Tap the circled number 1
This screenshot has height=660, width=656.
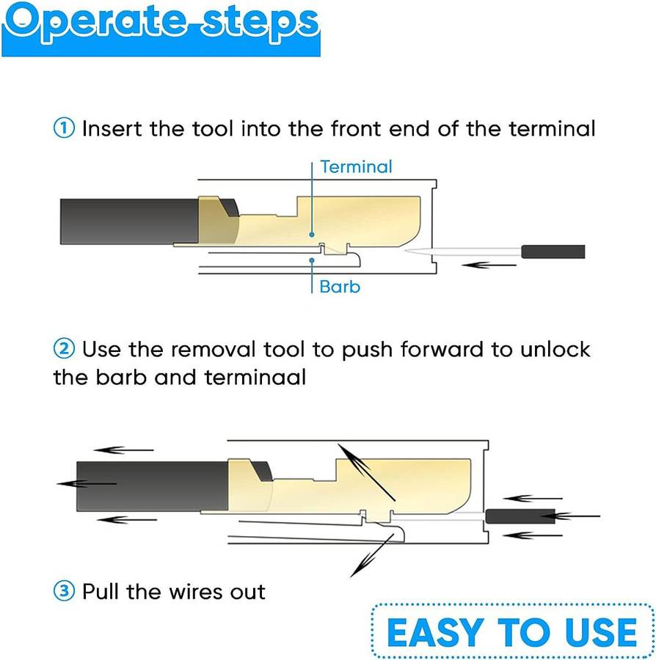tap(64, 129)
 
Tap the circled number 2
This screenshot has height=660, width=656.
tap(64, 349)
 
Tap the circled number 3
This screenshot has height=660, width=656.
tap(64, 591)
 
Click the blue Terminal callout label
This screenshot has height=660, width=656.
tap(357, 167)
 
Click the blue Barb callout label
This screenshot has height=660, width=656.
tap(340, 286)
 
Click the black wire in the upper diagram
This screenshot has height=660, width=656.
tap(125, 221)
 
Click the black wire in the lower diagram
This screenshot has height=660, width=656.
tap(147, 486)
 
